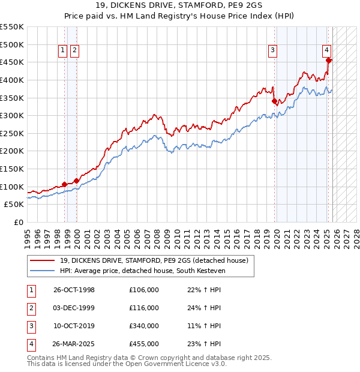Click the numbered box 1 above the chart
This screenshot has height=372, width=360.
point(63,51)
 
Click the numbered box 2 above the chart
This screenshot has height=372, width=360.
point(74,51)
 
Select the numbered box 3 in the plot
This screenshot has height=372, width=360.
point(272,51)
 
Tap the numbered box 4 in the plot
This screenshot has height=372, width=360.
point(326,51)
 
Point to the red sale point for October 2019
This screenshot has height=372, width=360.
point(274,101)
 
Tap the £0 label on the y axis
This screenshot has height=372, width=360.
point(18,222)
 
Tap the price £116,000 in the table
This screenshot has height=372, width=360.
point(144,308)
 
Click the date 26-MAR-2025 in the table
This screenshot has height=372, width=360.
point(74,344)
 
